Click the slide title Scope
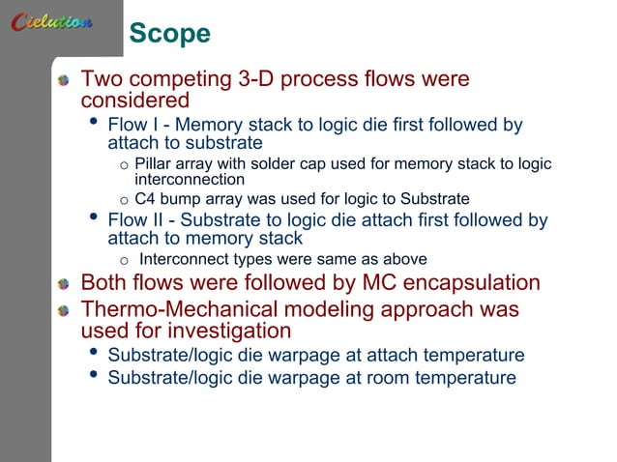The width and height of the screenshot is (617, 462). pos(169,34)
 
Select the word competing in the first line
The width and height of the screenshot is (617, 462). pos(180,78)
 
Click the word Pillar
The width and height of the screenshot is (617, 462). pos(155,163)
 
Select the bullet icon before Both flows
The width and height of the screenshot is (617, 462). pos(64,284)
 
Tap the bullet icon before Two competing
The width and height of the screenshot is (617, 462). pos(64,79)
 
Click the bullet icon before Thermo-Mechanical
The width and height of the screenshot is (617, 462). pos(64,311)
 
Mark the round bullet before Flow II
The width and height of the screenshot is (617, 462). pos(93,218)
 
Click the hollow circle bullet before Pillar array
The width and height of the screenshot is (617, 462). pos(124,164)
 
